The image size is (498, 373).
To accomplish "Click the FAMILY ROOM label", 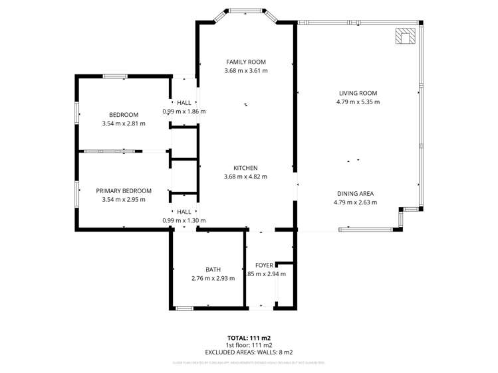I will point(245,62).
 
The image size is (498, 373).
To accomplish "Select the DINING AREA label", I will point(354,194).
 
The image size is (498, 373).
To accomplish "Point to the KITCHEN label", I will point(245,168).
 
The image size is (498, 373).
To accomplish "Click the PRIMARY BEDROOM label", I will point(124,190).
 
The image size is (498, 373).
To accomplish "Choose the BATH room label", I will point(213,269).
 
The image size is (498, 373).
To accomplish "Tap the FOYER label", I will point(264,265).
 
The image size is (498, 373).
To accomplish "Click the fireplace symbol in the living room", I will point(405,36).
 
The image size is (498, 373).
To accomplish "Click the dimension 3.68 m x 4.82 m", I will point(245,177).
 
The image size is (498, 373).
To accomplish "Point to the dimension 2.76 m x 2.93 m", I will point(213,278).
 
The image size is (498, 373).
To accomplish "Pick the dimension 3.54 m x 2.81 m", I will point(124,123).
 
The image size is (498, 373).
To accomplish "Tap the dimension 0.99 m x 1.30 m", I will point(184,220).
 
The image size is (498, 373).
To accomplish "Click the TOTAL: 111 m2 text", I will point(249,338).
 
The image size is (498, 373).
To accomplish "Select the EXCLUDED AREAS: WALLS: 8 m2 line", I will point(249,352).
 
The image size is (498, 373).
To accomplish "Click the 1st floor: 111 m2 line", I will point(249,345).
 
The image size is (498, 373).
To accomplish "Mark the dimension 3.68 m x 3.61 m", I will point(245,70).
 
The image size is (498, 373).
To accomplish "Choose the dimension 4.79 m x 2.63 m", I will point(354,202).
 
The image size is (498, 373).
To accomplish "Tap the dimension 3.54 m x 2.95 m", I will point(124,199).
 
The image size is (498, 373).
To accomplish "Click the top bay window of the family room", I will point(245,11).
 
